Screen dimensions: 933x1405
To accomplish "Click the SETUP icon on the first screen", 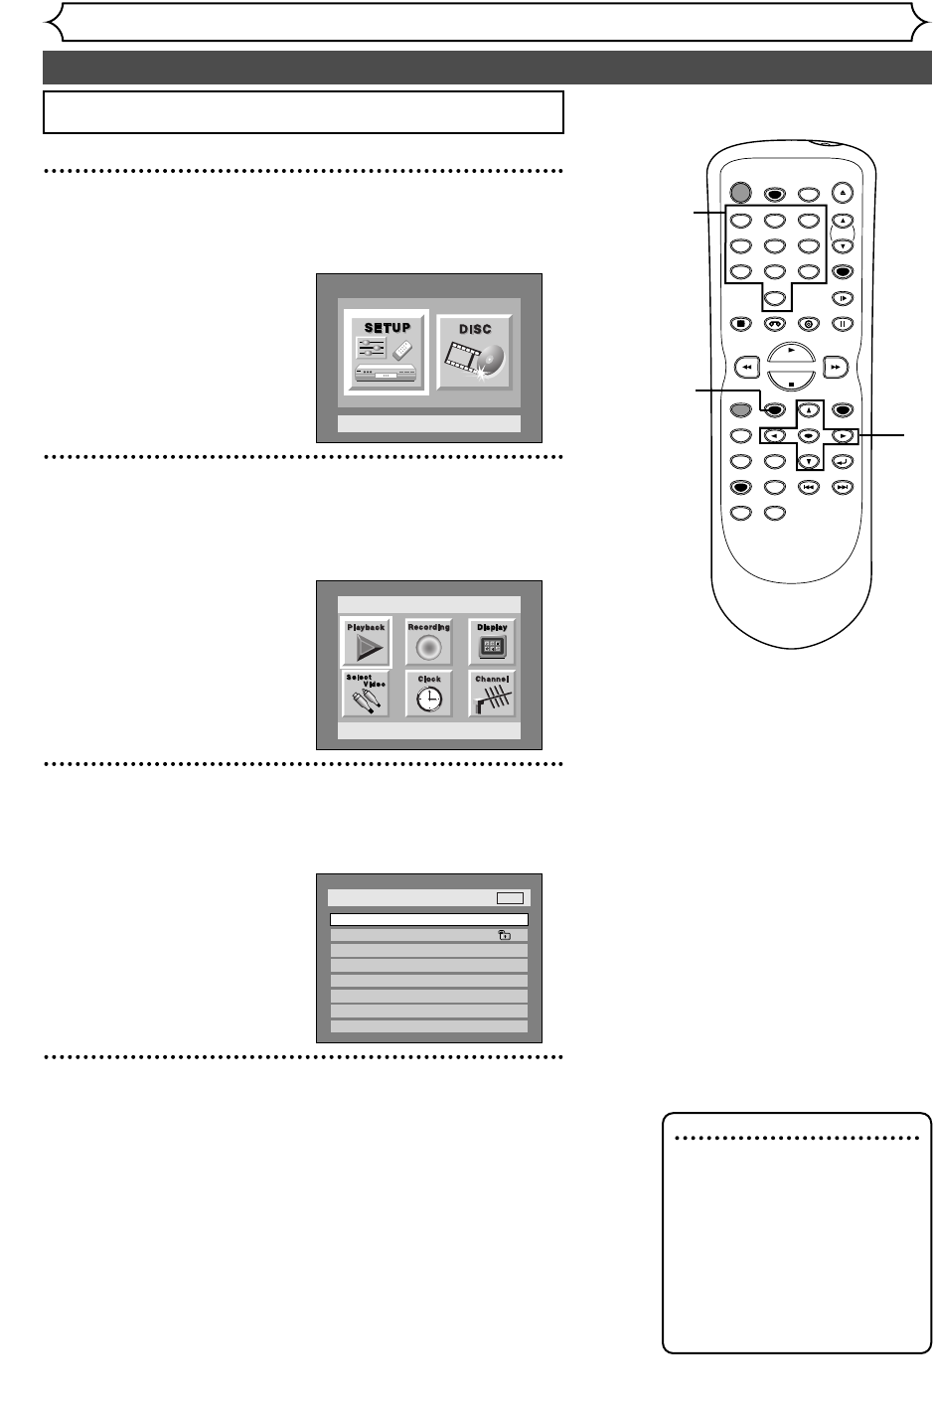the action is (x=387, y=353).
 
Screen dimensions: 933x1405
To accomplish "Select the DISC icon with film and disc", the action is (x=475, y=353).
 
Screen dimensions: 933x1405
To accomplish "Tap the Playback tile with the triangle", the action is (x=366, y=643).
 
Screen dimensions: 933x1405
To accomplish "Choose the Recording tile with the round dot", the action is (x=428, y=643).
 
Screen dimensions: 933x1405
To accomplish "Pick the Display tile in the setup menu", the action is (x=492, y=643).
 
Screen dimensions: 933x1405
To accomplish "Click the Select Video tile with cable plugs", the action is (x=366, y=694).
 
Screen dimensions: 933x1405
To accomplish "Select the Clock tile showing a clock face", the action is (x=428, y=694).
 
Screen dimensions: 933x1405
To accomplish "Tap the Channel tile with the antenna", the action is (x=492, y=694).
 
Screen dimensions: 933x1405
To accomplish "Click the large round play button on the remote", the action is (x=791, y=353).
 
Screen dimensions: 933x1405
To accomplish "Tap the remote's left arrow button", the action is (x=774, y=435).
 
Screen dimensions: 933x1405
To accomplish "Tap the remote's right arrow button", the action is (x=842, y=435).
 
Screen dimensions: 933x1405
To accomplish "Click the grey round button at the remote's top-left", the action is (x=739, y=192).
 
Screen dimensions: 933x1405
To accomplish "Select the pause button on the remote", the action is (x=842, y=322).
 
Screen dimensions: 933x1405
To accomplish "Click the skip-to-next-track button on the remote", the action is (x=842, y=487).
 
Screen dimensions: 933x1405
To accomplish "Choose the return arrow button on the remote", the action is (x=842, y=461).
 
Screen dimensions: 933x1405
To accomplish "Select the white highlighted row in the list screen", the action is (x=428, y=920).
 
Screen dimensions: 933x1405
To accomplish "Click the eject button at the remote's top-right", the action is (x=842, y=191).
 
